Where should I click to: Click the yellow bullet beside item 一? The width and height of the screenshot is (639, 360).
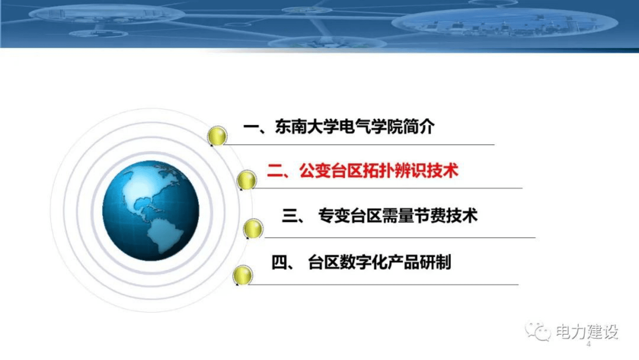tap(217, 136)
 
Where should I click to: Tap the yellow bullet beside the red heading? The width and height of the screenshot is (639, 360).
tap(246, 180)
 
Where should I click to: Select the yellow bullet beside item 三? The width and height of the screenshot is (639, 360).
tap(253, 228)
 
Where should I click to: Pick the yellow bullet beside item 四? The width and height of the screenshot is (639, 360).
tap(242, 275)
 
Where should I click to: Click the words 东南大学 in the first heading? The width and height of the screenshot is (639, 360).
tap(306, 127)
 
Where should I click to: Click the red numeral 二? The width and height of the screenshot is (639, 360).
tap(275, 171)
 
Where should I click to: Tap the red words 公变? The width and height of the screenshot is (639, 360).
tap(315, 171)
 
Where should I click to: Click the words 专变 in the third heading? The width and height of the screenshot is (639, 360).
tap(334, 216)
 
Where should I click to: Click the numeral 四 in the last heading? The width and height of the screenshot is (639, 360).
tap(279, 263)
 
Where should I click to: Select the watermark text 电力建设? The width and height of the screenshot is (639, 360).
tap(587, 332)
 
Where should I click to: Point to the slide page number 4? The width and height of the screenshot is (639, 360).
tap(589, 344)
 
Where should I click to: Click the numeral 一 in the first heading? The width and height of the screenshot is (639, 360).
tap(251, 127)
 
